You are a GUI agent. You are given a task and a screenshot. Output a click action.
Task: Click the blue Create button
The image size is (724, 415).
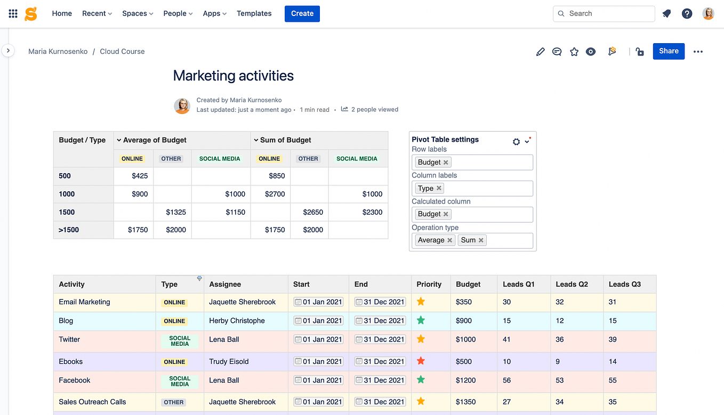coord(302,13)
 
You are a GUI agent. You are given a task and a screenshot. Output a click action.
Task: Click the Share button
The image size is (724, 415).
coord(669,51)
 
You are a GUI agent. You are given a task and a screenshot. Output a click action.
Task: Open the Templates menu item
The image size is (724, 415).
coord(254,13)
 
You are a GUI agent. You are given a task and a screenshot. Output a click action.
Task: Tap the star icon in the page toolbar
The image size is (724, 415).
coord(574,52)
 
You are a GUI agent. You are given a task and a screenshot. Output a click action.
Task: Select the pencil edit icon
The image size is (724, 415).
coord(540,52)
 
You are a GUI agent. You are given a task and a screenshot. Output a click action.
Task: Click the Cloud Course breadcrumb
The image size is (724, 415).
coord(122,52)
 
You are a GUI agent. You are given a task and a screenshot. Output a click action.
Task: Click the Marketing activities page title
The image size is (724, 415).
coord(233,76)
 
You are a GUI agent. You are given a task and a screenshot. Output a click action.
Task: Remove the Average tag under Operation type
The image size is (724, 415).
coord(450,240)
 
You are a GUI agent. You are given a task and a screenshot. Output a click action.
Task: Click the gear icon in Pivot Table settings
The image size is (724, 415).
coord(516,142)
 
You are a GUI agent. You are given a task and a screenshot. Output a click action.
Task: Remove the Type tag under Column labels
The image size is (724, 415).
coord(439,188)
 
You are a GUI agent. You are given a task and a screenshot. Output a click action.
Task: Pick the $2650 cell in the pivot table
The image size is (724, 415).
coord(313,212)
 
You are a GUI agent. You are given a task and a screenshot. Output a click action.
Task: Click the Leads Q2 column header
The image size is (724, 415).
coord(572,284)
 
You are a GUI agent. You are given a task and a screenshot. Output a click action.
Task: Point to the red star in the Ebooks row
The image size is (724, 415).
coord(421,361)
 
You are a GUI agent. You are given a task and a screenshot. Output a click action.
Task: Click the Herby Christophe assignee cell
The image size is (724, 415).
coord(237,321)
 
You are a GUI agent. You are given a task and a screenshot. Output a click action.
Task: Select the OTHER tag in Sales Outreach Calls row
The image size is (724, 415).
coord(174,402)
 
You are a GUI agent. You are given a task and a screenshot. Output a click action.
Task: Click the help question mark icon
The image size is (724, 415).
coord(687,14)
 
